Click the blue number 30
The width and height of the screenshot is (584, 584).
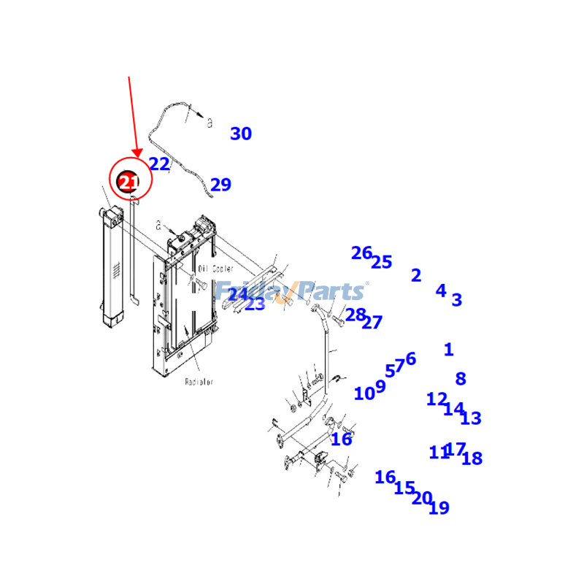[241, 134]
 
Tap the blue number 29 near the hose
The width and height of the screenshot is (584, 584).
[220, 185]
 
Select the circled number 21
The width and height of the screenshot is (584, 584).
[128, 180]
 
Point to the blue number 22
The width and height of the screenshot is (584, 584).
[159, 164]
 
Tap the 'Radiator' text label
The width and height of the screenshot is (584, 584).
[199, 382]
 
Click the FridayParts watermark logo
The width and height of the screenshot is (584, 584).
[292, 292]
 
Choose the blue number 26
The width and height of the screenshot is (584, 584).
[361, 253]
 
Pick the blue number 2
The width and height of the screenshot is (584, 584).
[416, 276]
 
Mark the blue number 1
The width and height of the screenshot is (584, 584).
[448, 350]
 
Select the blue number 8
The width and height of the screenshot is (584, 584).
[460, 380]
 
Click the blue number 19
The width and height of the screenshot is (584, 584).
[439, 508]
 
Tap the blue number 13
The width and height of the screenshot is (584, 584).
[471, 419]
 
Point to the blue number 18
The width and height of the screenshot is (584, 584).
[472, 459]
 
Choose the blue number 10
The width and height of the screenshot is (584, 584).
[364, 394]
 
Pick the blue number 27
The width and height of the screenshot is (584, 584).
[372, 323]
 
